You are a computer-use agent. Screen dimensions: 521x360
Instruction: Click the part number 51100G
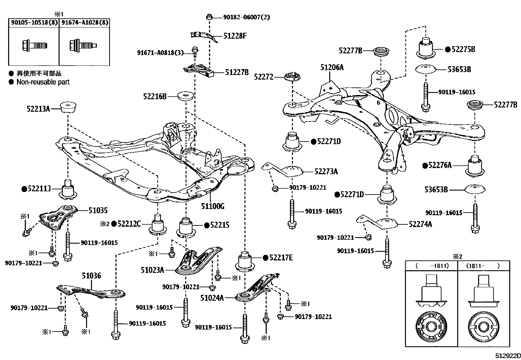(x=213, y=206)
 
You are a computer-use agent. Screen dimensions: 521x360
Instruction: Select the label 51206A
(x=332, y=67)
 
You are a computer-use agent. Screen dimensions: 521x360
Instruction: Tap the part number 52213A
(x=38, y=109)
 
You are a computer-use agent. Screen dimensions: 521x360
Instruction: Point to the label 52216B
(x=155, y=96)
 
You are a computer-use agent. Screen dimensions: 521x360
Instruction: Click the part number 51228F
(x=235, y=36)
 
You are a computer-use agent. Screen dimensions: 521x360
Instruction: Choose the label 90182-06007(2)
(x=246, y=17)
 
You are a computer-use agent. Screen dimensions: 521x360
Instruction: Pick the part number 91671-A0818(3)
(x=160, y=53)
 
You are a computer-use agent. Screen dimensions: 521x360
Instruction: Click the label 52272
(x=264, y=77)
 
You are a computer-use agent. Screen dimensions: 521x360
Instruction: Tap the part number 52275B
(x=463, y=49)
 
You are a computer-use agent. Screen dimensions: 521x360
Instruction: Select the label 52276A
(x=440, y=165)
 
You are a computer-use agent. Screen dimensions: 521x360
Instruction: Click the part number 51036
(x=91, y=276)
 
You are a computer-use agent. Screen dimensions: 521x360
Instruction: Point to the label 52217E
(x=281, y=257)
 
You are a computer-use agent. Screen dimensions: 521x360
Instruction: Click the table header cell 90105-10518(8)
(x=34, y=23)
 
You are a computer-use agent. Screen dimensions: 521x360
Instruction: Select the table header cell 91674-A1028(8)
(x=84, y=23)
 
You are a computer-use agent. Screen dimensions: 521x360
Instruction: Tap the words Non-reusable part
(x=43, y=82)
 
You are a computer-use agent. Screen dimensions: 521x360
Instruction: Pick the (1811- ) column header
(x=483, y=266)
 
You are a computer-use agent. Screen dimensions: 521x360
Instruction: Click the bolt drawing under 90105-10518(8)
(x=35, y=45)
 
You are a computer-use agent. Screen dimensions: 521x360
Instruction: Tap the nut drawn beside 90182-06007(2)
(x=209, y=17)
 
